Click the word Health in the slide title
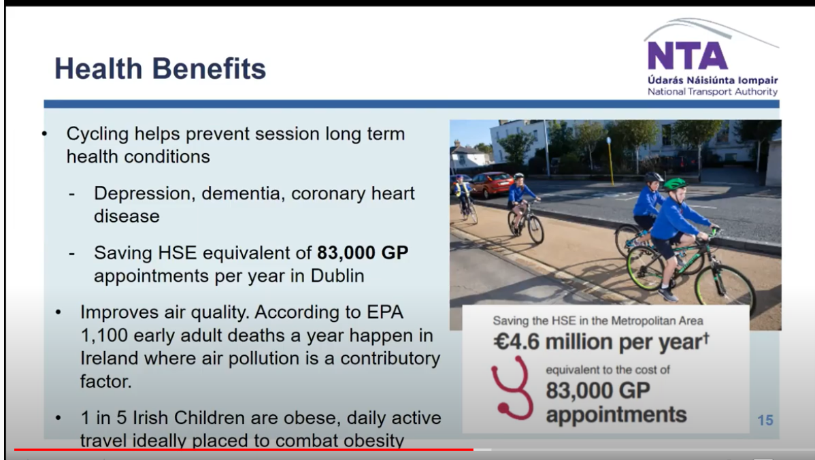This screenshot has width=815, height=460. tap(98, 69)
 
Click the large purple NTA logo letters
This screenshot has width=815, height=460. tap(687, 56)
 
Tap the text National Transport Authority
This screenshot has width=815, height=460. tap(712, 91)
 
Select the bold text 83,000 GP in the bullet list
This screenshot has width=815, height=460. tap(363, 252)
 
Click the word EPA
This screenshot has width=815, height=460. tap(385, 312)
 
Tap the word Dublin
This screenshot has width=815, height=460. tap(337, 276)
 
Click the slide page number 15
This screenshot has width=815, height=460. tap(765, 420)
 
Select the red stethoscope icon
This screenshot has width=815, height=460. tap(511, 388)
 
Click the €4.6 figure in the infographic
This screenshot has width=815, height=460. tap(517, 342)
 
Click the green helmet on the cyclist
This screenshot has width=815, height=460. tap(675, 184)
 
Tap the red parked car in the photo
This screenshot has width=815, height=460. tap(490, 184)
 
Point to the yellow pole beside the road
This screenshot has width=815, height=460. tap(610, 161)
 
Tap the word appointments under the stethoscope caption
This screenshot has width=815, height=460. tap(616, 415)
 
